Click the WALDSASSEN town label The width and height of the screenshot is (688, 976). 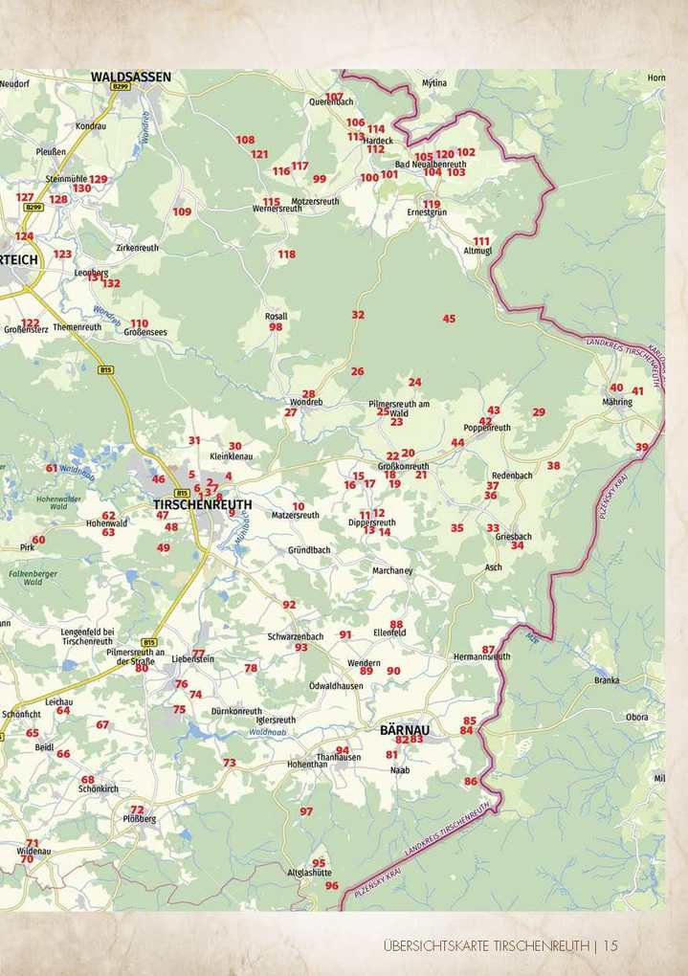[131, 76]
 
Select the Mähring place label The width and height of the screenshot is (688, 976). [617, 402]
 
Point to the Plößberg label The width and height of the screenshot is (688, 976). [140, 819]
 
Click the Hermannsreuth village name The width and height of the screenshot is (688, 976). [481, 657]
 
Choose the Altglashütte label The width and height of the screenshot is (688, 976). [310, 873]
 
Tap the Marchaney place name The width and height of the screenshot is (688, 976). [392, 571]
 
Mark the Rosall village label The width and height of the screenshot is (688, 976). [276, 316]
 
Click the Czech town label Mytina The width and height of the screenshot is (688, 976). [434, 83]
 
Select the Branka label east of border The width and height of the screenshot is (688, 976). [607, 680]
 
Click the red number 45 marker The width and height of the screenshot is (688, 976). [449, 319]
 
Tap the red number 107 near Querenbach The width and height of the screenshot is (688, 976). [334, 98]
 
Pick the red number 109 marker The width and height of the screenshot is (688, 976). [182, 211]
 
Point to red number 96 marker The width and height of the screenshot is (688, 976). [331, 886]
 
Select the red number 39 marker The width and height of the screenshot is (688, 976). [641, 447]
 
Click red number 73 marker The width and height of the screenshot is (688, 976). [229, 763]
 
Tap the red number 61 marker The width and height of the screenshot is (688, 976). [52, 468]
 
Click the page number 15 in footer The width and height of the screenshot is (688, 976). [610, 945]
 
